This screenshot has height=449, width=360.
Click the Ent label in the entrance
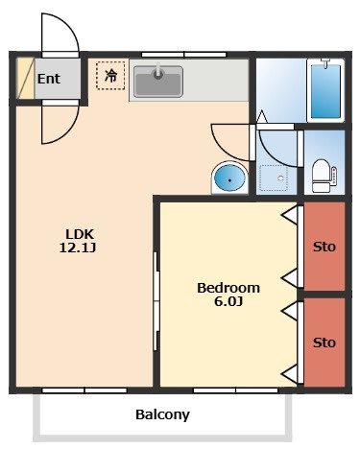(x=49, y=79)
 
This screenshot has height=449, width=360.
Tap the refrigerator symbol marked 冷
(x=110, y=76)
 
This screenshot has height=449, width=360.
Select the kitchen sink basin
(x=158, y=82)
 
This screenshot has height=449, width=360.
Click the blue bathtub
(x=325, y=91)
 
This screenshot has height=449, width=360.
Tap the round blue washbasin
(x=229, y=177)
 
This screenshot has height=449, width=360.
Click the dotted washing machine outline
(x=274, y=178)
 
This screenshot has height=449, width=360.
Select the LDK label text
(x=80, y=234)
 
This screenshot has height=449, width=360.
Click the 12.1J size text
(x=78, y=248)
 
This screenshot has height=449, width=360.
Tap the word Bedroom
(x=228, y=288)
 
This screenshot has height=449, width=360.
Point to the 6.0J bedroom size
(x=228, y=301)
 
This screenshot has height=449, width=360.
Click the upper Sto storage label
(x=324, y=247)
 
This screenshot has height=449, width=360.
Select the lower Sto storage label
(x=324, y=343)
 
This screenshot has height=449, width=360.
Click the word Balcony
(x=162, y=414)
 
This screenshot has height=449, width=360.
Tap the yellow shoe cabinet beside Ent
(x=25, y=79)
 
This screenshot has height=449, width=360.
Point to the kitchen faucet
(x=158, y=71)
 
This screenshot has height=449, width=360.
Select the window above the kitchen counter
(x=184, y=55)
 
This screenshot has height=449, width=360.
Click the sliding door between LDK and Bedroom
(x=156, y=300)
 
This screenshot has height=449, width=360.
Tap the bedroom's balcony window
(x=235, y=390)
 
